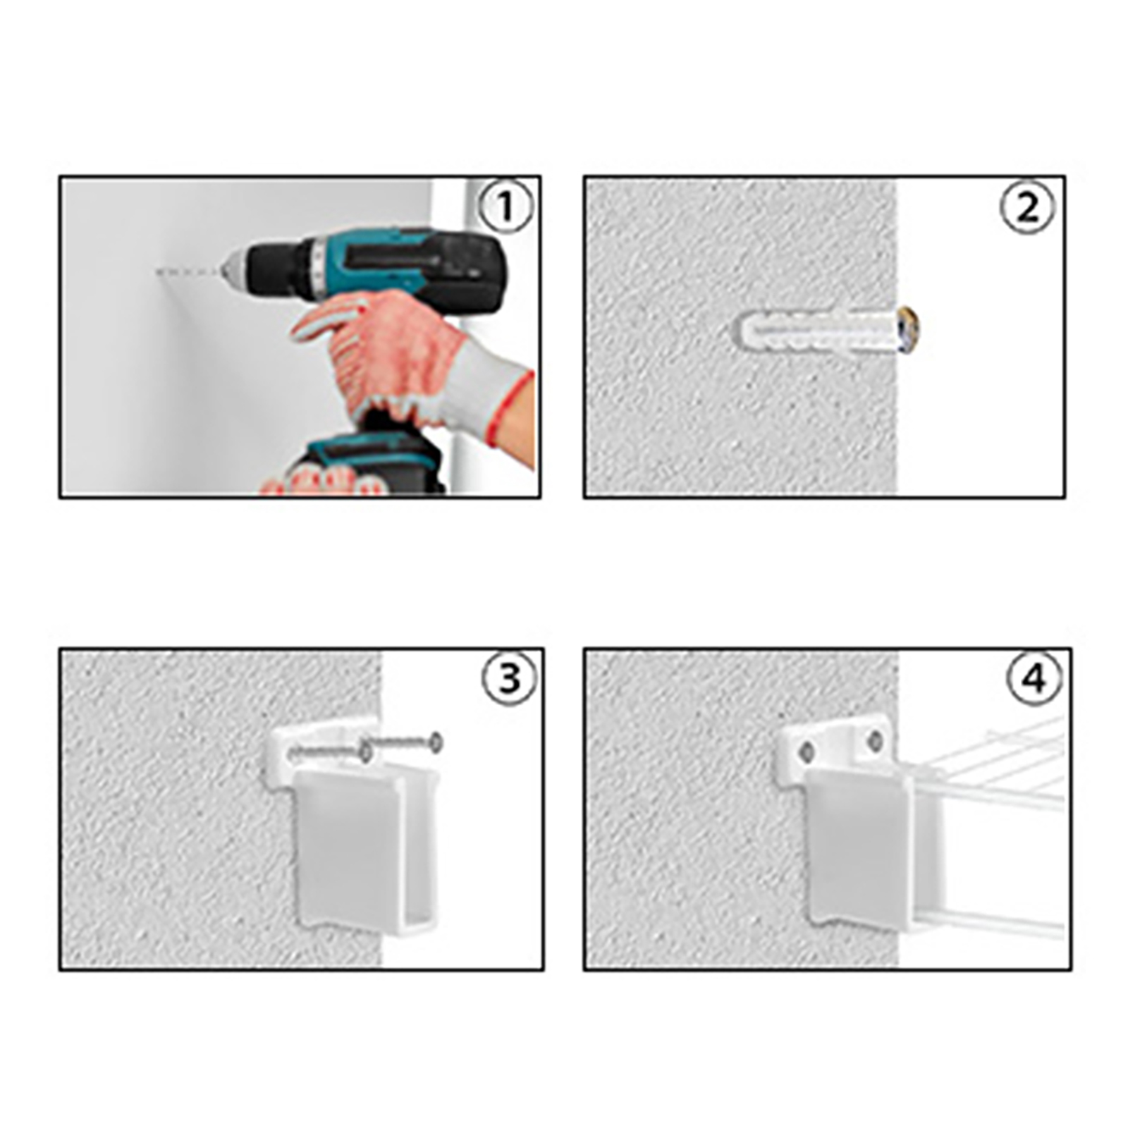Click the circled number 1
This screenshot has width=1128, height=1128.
506,207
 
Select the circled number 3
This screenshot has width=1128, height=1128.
509,679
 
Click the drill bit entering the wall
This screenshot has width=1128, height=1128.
188,271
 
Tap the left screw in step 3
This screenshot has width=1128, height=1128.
331,754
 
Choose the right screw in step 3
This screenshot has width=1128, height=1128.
403,741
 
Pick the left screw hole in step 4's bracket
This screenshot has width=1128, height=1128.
806,752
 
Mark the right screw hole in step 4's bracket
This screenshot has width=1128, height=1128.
875,740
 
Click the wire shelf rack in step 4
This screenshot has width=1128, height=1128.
987,825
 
